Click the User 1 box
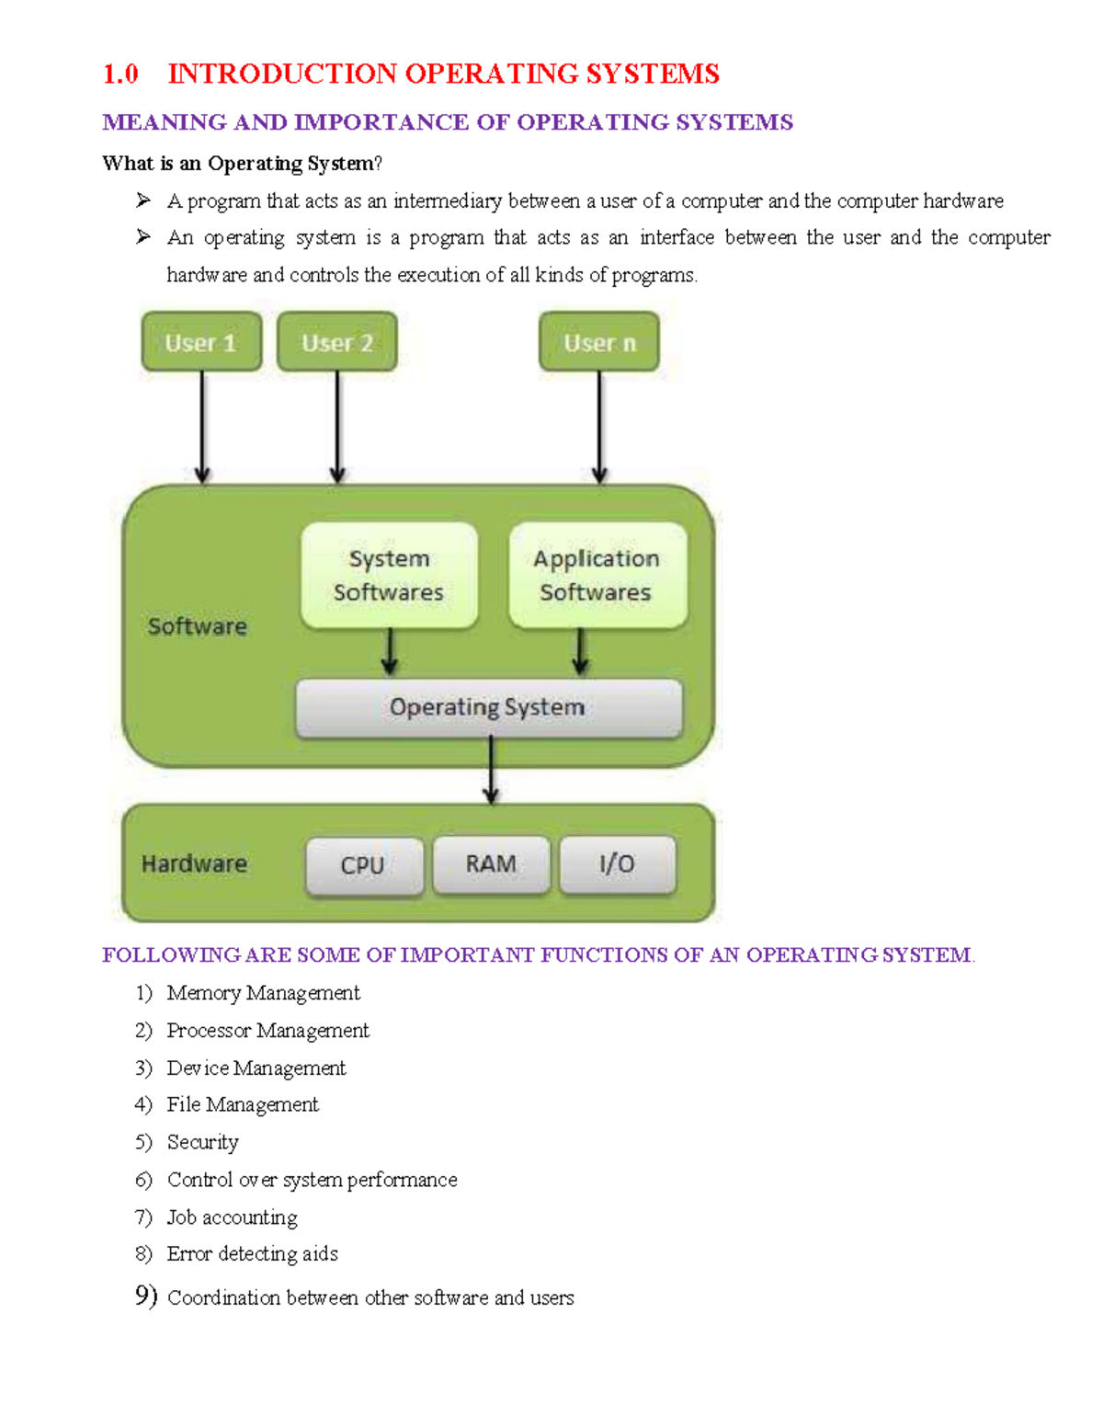click(x=201, y=342)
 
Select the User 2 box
click(x=337, y=342)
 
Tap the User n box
click(x=599, y=342)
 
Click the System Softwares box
click(x=389, y=576)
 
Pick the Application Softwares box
click(x=597, y=576)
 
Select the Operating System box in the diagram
click(x=488, y=707)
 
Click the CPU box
click(x=364, y=865)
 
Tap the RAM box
click(x=491, y=864)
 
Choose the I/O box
click(x=618, y=864)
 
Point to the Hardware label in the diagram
click(x=194, y=863)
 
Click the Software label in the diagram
click(x=198, y=626)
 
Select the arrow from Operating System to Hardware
click(x=491, y=771)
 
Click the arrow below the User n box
click(x=599, y=427)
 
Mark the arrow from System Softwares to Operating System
click(x=390, y=653)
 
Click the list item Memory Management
click(x=263, y=993)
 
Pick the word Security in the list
click(x=202, y=1142)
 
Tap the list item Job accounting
click(x=232, y=1217)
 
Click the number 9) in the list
click(x=146, y=1296)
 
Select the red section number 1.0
click(x=120, y=74)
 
